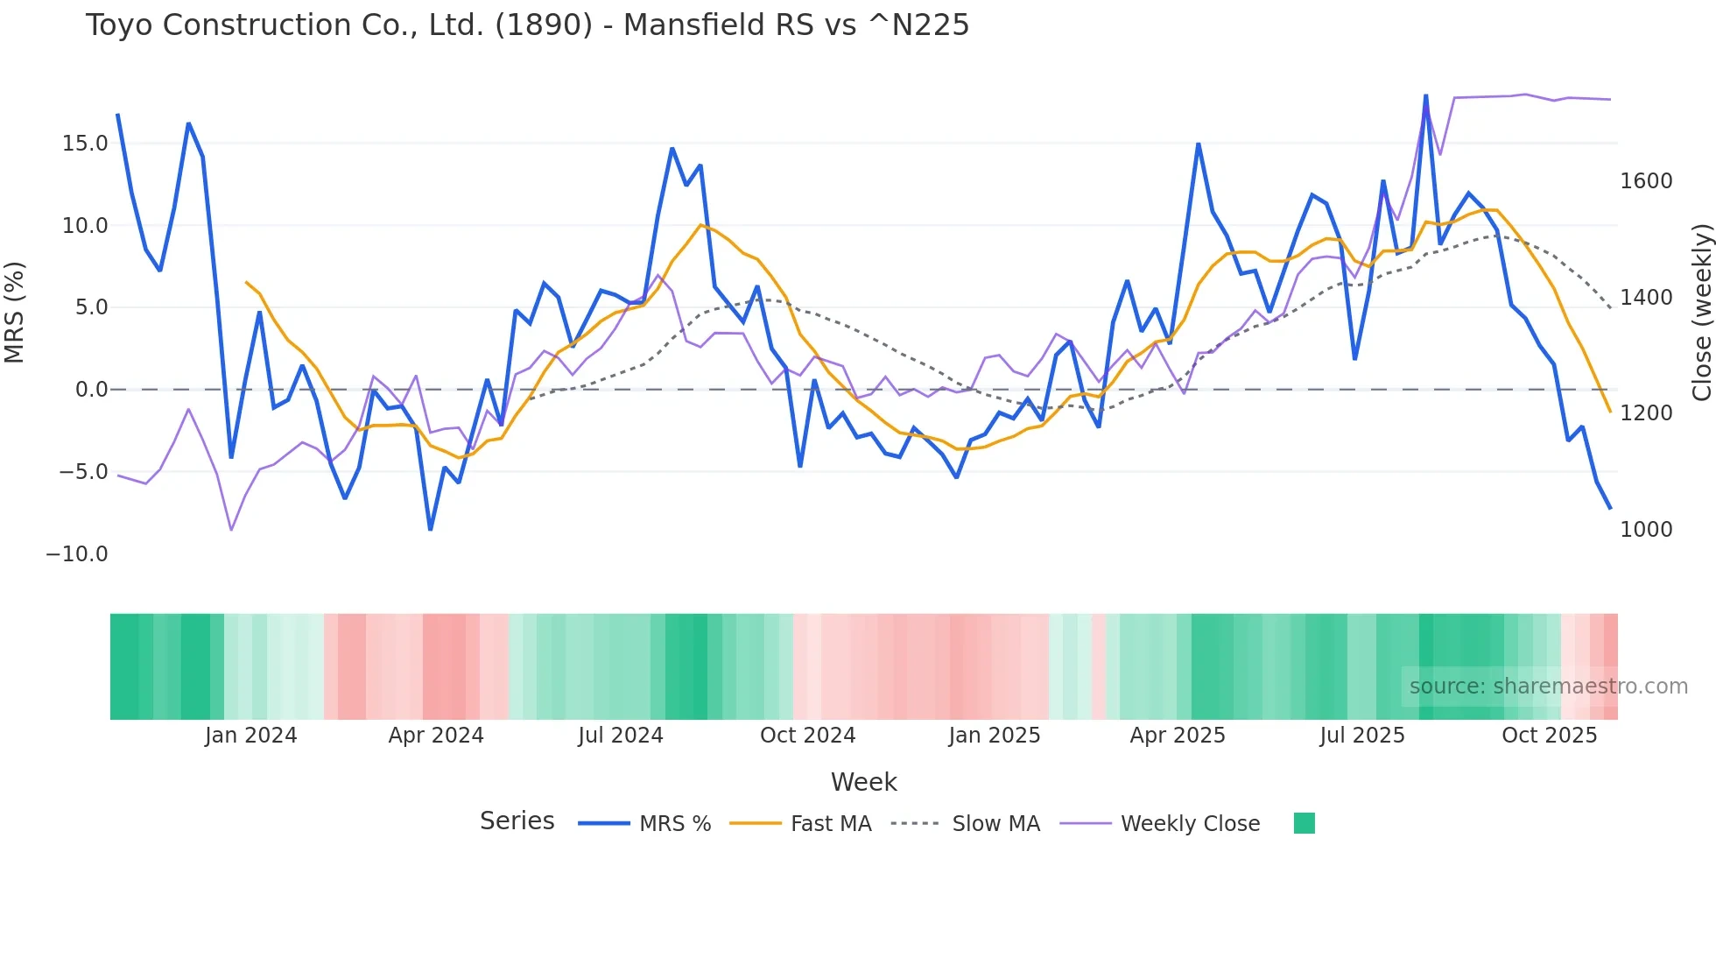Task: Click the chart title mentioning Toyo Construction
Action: pyautogui.click(x=527, y=25)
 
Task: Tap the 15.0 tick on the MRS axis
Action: pyautogui.click(x=85, y=144)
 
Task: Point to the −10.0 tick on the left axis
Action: pyautogui.click(x=77, y=554)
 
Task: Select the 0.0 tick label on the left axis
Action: pyautogui.click(x=91, y=390)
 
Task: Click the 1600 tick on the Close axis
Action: pyautogui.click(x=1646, y=181)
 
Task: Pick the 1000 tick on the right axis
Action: pyautogui.click(x=1646, y=530)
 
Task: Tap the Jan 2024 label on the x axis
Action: pyautogui.click(x=251, y=736)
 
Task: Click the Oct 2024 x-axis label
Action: pyautogui.click(x=807, y=736)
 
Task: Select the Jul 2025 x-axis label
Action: pyautogui.click(x=1361, y=736)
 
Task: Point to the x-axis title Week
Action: pyautogui.click(x=863, y=782)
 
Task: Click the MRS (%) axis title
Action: pyautogui.click(x=15, y=313)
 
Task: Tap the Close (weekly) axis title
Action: pyautogui.click(x=1701, y=313)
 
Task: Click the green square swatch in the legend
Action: pyautogui.click(x=1304, y=823)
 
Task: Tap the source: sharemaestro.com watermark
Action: pyautogui.click(x=1548, y=687)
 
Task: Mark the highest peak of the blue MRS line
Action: pyautogui.click(x=1425, y=95)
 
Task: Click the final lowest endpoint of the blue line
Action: pyautogui.click(x=1609, y=508)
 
